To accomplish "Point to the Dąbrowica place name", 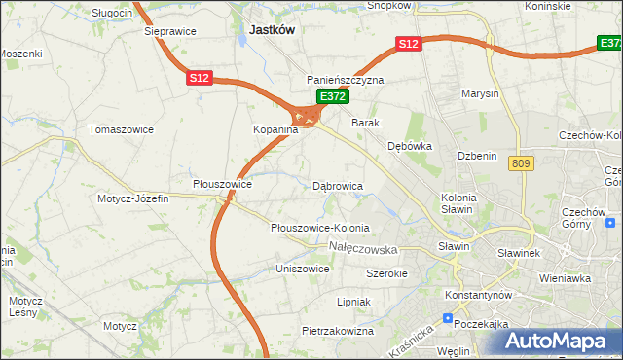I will point(338,185).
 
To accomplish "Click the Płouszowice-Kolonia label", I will point(320,228).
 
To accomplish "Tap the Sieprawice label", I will point(170,31).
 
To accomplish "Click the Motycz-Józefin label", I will point(133,198).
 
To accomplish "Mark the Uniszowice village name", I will point(303,268).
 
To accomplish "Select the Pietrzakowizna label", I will point(338,331).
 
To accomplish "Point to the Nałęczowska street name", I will point(371,250).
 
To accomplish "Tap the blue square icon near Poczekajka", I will point(447,318).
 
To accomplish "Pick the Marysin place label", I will point(482,94).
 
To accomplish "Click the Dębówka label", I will point(409,146).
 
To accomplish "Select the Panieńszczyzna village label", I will point(346,80).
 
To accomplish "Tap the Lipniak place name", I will point(353,302).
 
